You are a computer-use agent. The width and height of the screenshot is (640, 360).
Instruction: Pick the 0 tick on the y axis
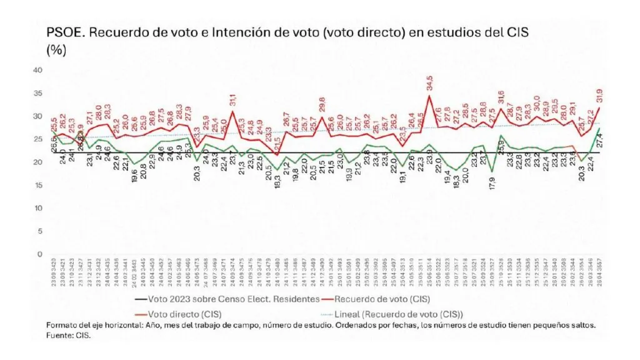39,254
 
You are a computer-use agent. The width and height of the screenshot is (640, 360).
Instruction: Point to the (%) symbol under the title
56,51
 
